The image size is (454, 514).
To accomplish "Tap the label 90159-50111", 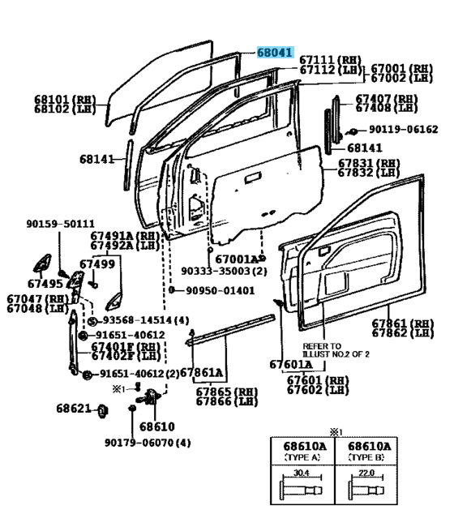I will click(x=59, y=224).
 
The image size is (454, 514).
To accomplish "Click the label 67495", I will click(x=45, y=284).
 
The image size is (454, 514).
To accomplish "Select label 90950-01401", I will click(x=216, y=289).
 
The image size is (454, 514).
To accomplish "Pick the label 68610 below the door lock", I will click(x=156, y=426).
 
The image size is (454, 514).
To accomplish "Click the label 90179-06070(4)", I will click(x=148, y=443).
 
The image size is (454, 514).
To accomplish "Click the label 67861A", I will click(x=202, y=373).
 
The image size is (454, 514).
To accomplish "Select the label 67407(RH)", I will click(x=387, y=98).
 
